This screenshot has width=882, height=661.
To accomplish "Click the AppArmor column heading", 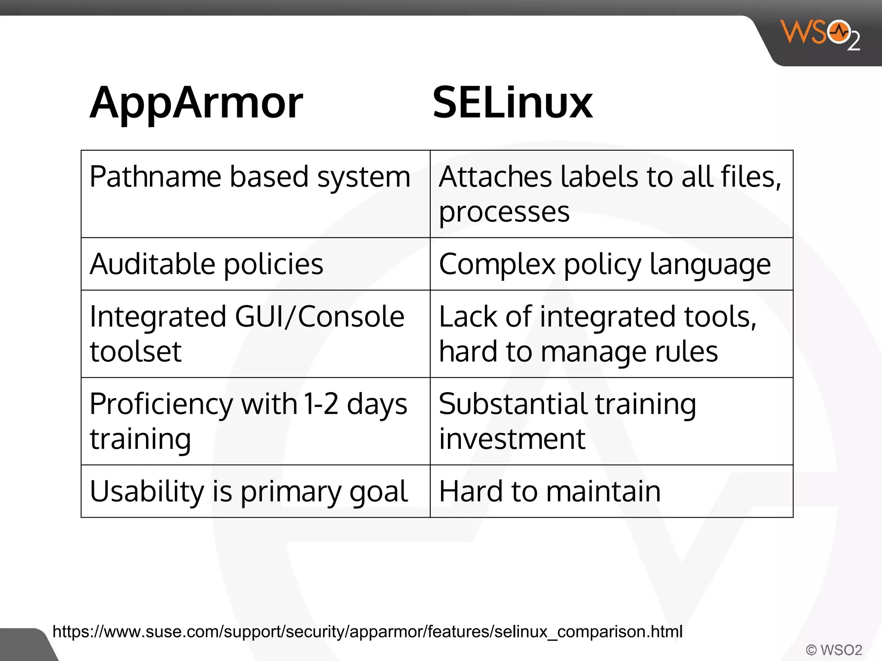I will (x=196, y=103).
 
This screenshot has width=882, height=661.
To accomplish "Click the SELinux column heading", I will (x=512, y=103).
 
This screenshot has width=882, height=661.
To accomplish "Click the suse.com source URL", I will (x=367, y=632).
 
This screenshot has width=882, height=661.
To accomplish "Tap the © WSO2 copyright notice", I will (x=834, y=650).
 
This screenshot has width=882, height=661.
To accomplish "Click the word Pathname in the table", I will (x=156, y=177).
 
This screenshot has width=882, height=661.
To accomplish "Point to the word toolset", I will (x=136, y=352).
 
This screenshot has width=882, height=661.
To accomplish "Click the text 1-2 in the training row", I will (x=321, y=405).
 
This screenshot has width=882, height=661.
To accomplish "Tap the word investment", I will (x=512, y=439).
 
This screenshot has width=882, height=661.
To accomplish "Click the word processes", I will (x=504, y=212).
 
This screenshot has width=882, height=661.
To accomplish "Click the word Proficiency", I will (x=161, y=405).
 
